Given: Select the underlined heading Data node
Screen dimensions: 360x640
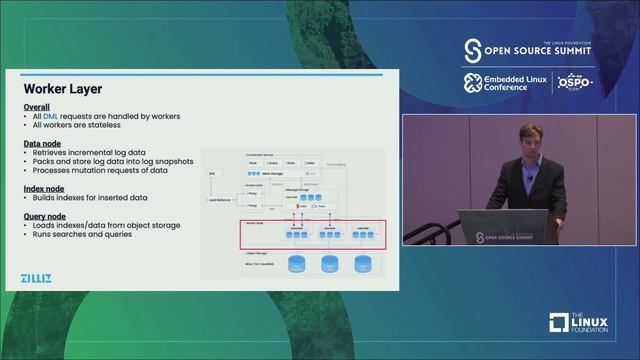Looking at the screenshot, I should point(42,144).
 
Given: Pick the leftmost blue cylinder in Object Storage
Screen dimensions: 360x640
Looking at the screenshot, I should point(296,265).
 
